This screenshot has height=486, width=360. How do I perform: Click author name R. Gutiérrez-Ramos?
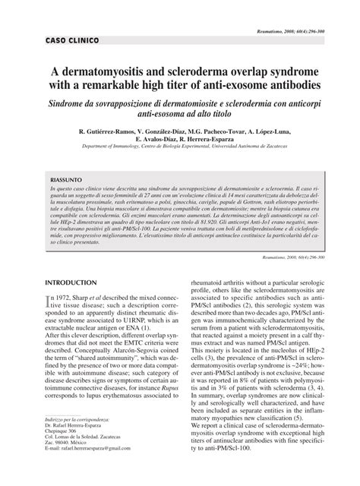point(102,132)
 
